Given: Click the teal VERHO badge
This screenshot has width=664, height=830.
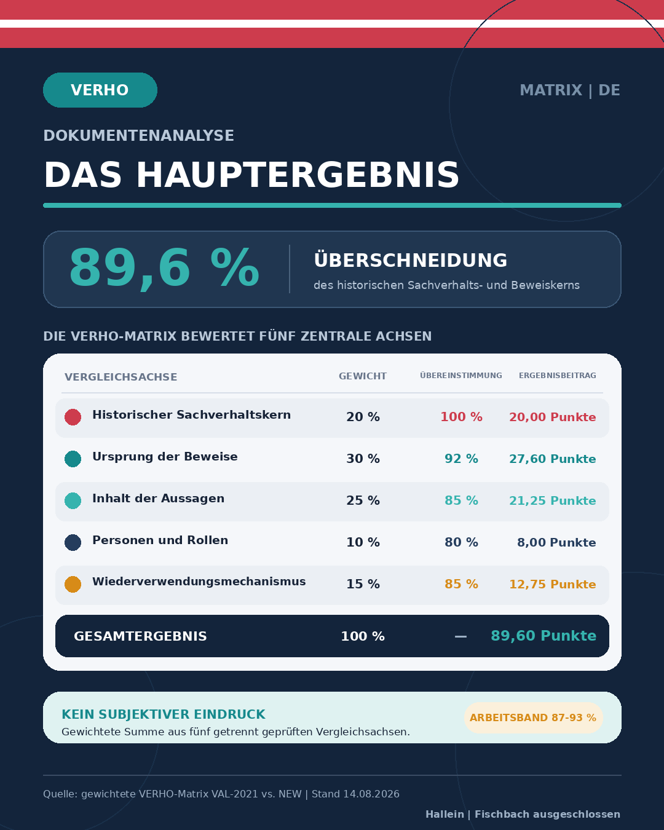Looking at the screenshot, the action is click(x=100, y=90).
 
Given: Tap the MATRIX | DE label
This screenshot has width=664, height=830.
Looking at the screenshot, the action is click(x=569, y=90).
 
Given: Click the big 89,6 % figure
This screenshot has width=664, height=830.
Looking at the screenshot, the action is click(x=164, y=268).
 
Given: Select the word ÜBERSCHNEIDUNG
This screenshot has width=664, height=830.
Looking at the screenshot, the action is click(x=411, y=260).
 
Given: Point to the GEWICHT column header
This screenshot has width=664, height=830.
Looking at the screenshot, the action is click(x=363, y=376).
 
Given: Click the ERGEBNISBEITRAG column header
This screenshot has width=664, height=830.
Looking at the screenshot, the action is click(x=557, y=376).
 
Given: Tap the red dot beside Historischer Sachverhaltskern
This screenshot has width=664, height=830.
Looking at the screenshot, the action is click(x=73, y=417).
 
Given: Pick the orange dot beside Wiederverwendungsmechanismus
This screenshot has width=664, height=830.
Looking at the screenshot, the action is click(x=73, y=584).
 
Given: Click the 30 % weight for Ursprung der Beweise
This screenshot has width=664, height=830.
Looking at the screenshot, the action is click(x=363, y=459).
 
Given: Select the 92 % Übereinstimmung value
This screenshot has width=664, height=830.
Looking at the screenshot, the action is click(x=461, y=459).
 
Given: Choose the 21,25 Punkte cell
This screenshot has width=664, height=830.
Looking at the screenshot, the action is click(x=553, y=500).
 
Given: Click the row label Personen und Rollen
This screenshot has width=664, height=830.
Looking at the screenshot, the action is click(x=160, y=540).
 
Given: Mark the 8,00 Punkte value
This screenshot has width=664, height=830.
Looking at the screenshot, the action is click(x=556, y=542).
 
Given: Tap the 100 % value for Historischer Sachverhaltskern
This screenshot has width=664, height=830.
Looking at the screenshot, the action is click(x=461, y=417).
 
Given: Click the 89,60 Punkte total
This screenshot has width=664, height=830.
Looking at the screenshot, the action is click(x=543, y=636).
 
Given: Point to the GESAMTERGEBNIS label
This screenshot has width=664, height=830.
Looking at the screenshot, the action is click(x=140, y=636).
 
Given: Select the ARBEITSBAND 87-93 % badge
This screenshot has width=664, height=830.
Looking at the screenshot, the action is click(x=533, y=717).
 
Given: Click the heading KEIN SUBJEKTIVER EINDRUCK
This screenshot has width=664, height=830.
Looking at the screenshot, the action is click(x=164, y=714).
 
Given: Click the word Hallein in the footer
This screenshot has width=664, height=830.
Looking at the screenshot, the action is click(x=445, y=814).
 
